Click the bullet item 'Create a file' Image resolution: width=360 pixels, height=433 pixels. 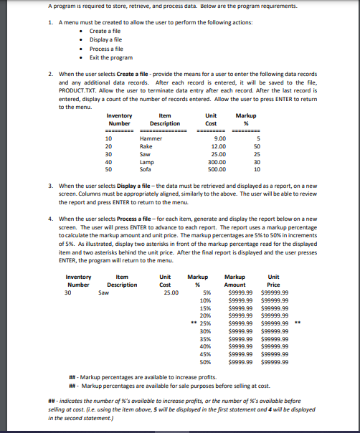coord(105,31)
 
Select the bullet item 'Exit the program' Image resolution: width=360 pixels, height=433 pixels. coord(110,57)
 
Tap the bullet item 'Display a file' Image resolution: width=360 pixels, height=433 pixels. coord(106,39)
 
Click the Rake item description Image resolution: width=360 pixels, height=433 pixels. coord(146,146)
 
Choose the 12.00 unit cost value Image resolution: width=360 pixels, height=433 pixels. coord(218,146)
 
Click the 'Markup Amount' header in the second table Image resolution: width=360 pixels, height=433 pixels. coord(235,281)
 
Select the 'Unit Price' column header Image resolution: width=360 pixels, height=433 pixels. coord(273,281)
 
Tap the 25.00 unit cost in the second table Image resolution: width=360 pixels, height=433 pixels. coord(171,292)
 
